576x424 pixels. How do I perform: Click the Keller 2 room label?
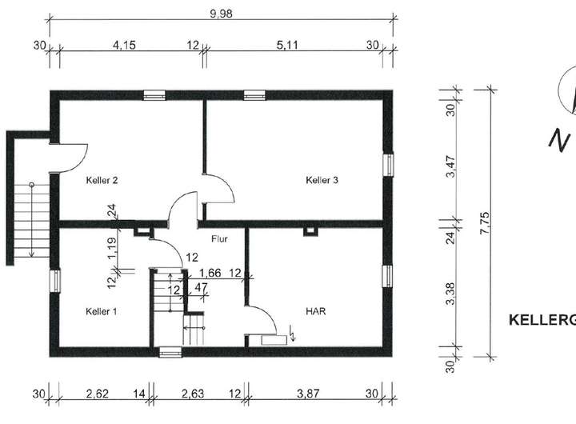pyautogui.click(x=102, y=181)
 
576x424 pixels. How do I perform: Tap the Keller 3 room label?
pyautogui.click(x=322, y=181)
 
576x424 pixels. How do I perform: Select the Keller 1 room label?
pyautogui.click(x=102, y=311)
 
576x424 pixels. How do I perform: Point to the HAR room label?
pyautogui.click(x=315, y=311)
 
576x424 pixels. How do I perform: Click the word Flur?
pyautogui.click(x=219, y=239)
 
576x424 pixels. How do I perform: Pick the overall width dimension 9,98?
pyautogui.click(x=221, y=14)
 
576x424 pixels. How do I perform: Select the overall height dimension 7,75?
pyautogui.click(x=485, y=222)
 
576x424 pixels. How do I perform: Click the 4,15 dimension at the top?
pyautogui.click(x=124, y=45)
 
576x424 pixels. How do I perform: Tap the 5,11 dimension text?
pyautogui.click(x=287, y=45)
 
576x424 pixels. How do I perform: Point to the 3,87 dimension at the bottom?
pyautogui.click(x=308, y=394)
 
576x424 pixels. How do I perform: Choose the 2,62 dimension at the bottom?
pyautogui.click(x=98, y=394)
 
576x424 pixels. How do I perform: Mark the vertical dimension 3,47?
pyautogui.click(x=450, y=167)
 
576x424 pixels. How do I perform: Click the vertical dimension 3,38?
pyautogui.click(x=450, y=293)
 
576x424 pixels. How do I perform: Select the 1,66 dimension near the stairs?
pyautogui.click(x=210, y=273)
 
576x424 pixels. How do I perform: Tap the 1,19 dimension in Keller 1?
pyautogui.click(x=112, y=248)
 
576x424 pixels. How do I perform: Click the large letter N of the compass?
pyautogui.click(x=559, y=140)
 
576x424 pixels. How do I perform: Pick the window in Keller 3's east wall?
pyautogui.click(x=388, y=165)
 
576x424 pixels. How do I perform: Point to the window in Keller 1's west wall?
pyautogui.click(x=54, y=281)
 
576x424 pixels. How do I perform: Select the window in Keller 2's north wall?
pyautogui.click(x=154, y=95)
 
